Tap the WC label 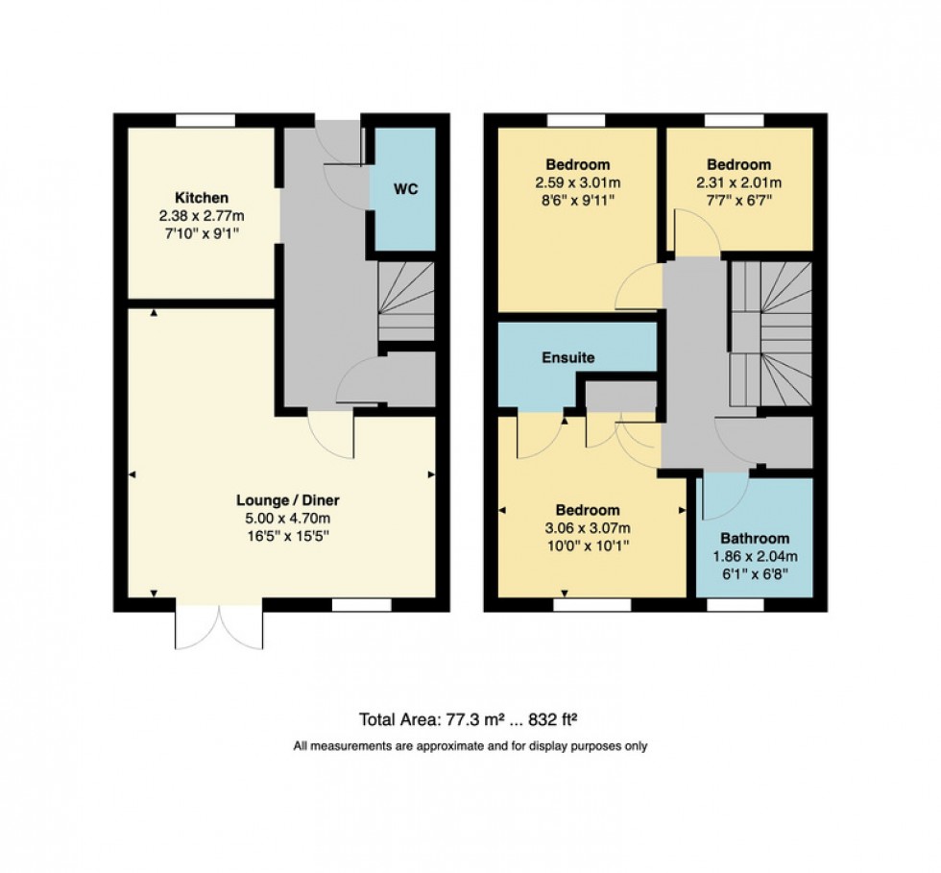click(405, 189)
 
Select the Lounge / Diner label click(288, 500)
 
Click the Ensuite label click(568, 357)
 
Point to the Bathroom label click(755, 539)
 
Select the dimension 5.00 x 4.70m click(288, 518)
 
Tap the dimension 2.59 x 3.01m click(577, 182)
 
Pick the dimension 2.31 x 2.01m click(739, 182)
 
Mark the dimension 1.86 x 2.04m click(755, 556)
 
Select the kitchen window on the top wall click(205, 120)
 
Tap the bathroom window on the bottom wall click(735, 605)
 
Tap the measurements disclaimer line click(470, 746)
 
